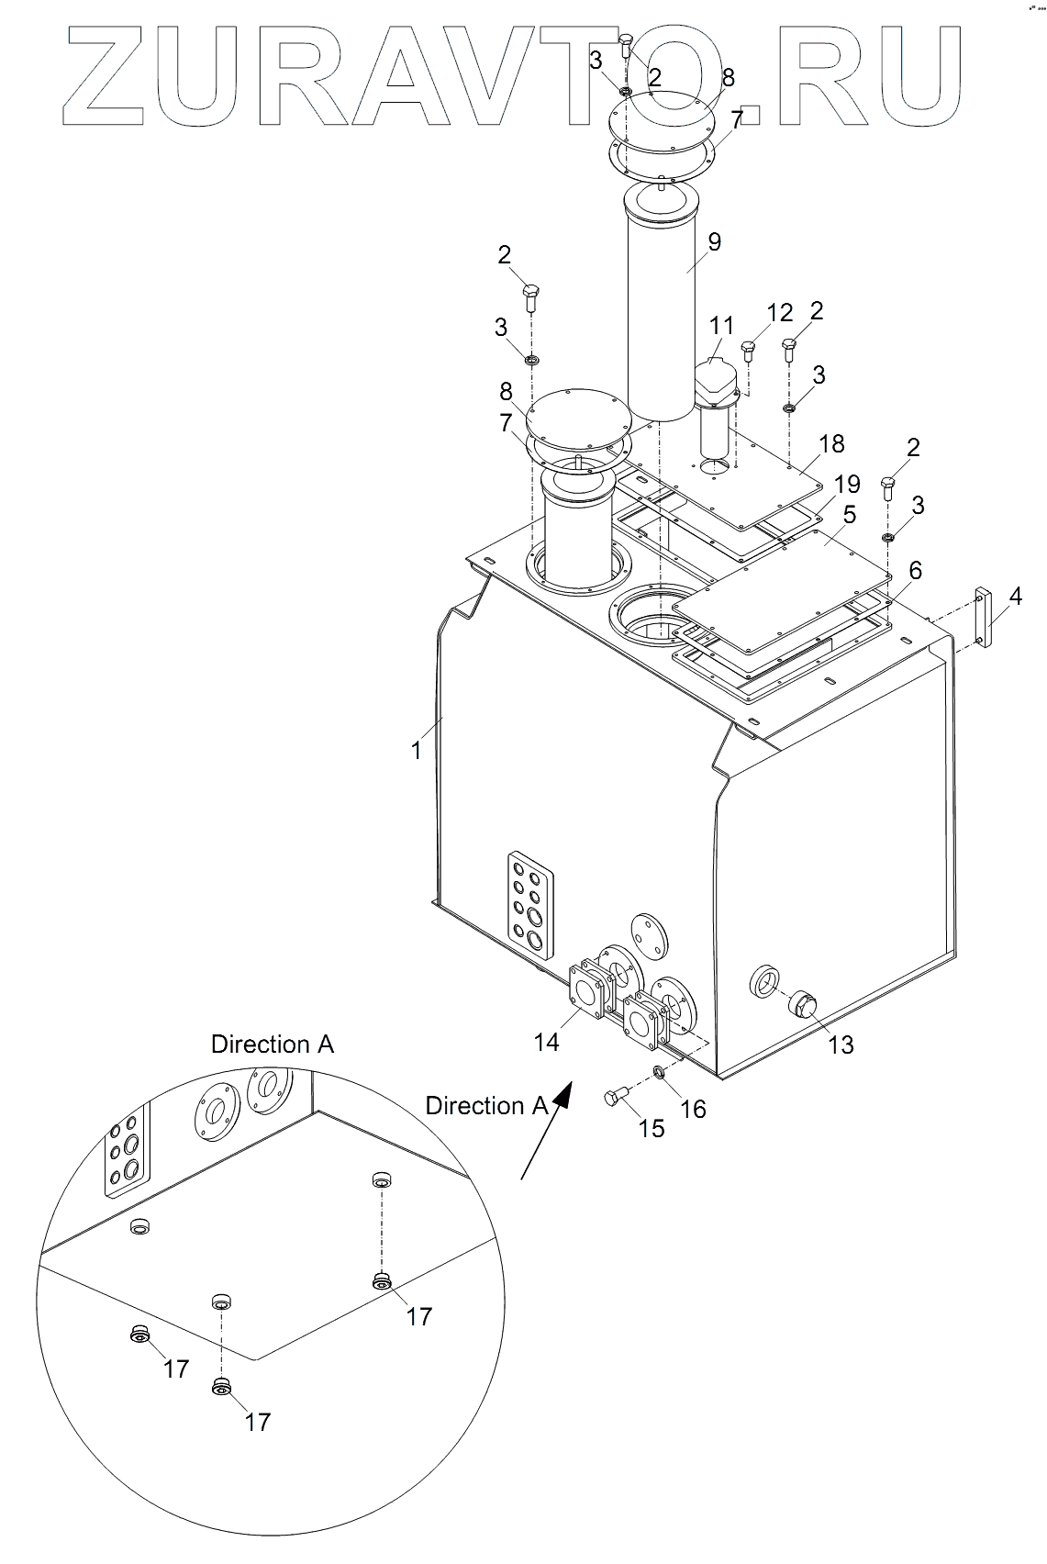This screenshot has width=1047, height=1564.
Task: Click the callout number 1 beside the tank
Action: click(417, 751)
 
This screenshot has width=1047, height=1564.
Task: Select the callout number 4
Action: click(1015, 597)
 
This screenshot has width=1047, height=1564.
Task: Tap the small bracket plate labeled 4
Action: click(984, 617)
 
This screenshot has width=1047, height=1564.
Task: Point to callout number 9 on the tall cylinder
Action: click(714, 242)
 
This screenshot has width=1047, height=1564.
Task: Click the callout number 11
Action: click(722, 325)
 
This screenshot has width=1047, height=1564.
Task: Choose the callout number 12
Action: click(780, 313)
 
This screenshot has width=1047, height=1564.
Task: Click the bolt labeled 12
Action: click(748, 351)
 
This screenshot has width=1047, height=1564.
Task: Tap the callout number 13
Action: click(841, 1045)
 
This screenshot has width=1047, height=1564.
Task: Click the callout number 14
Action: click(547, 1042)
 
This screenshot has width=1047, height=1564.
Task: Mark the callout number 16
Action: click(693, 1109)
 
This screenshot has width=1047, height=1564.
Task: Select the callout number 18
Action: click(831, 443)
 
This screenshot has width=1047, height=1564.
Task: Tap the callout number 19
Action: click(847, 484)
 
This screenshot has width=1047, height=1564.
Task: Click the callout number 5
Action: click(850, 515)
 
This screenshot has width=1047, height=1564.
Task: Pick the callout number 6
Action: click(915, 571)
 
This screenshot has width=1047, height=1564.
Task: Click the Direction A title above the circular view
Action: click(273, 1045)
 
